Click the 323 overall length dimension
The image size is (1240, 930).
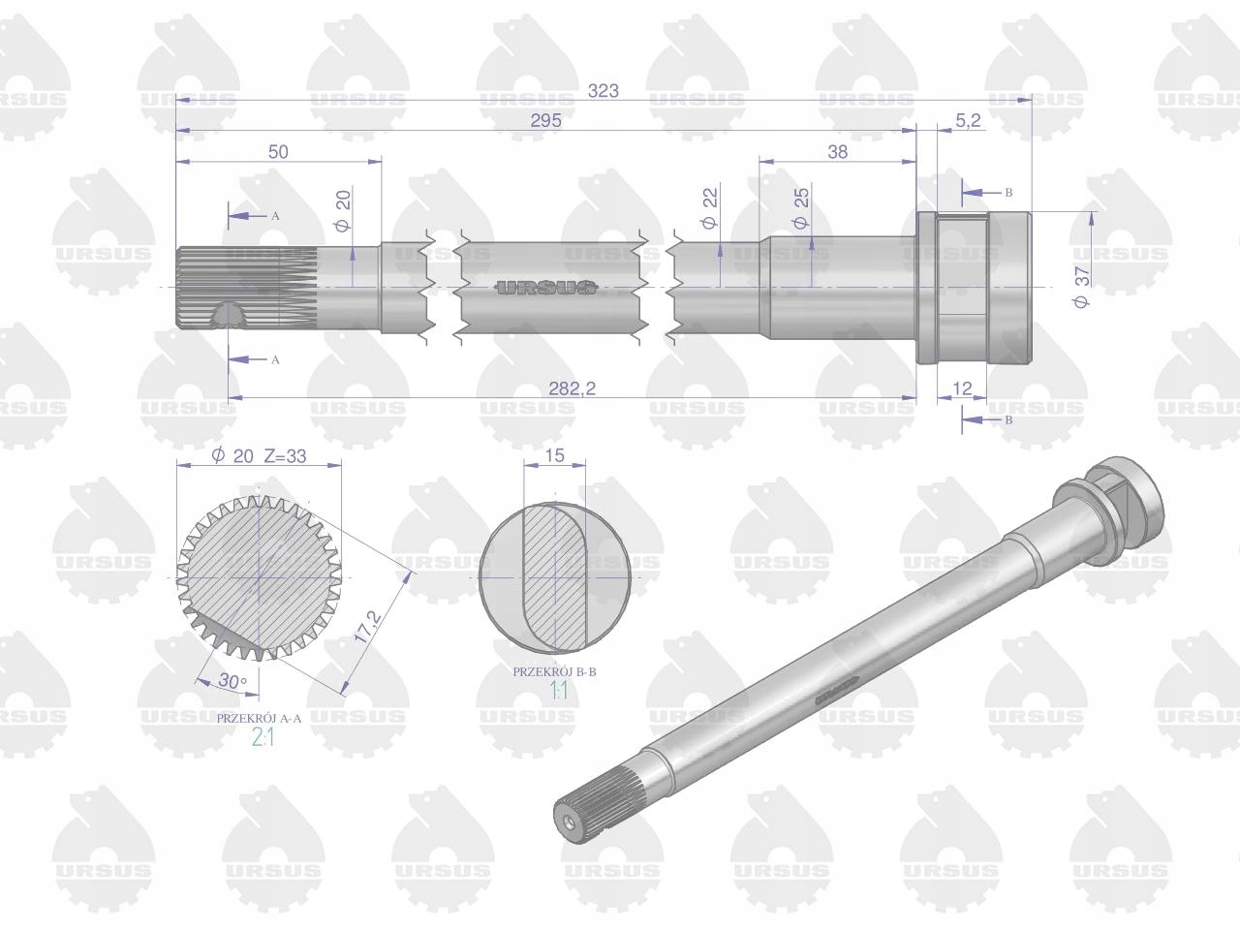coord(603,90)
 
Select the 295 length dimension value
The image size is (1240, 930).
coord(546,120)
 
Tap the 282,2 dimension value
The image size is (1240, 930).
coord(572,388)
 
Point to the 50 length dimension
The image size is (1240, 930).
coord(278,151)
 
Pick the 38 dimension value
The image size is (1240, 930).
coord(837,151)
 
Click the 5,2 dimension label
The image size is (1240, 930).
coord(968,120)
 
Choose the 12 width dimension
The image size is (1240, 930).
coord(962,388)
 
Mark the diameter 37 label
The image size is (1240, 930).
coord(1082,287)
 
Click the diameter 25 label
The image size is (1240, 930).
coord(801,207)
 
